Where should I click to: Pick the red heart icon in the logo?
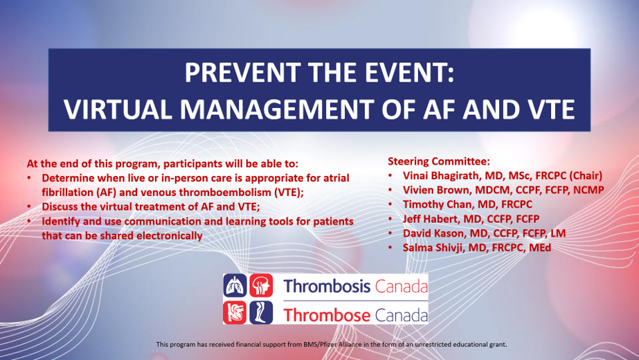(235, 313)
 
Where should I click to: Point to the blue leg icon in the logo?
(258, 313)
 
